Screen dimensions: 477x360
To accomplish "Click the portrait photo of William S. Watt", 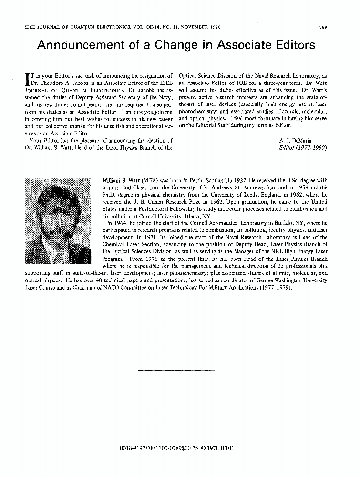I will (58, 220).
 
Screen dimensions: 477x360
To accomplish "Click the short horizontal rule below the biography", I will (175, 370).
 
